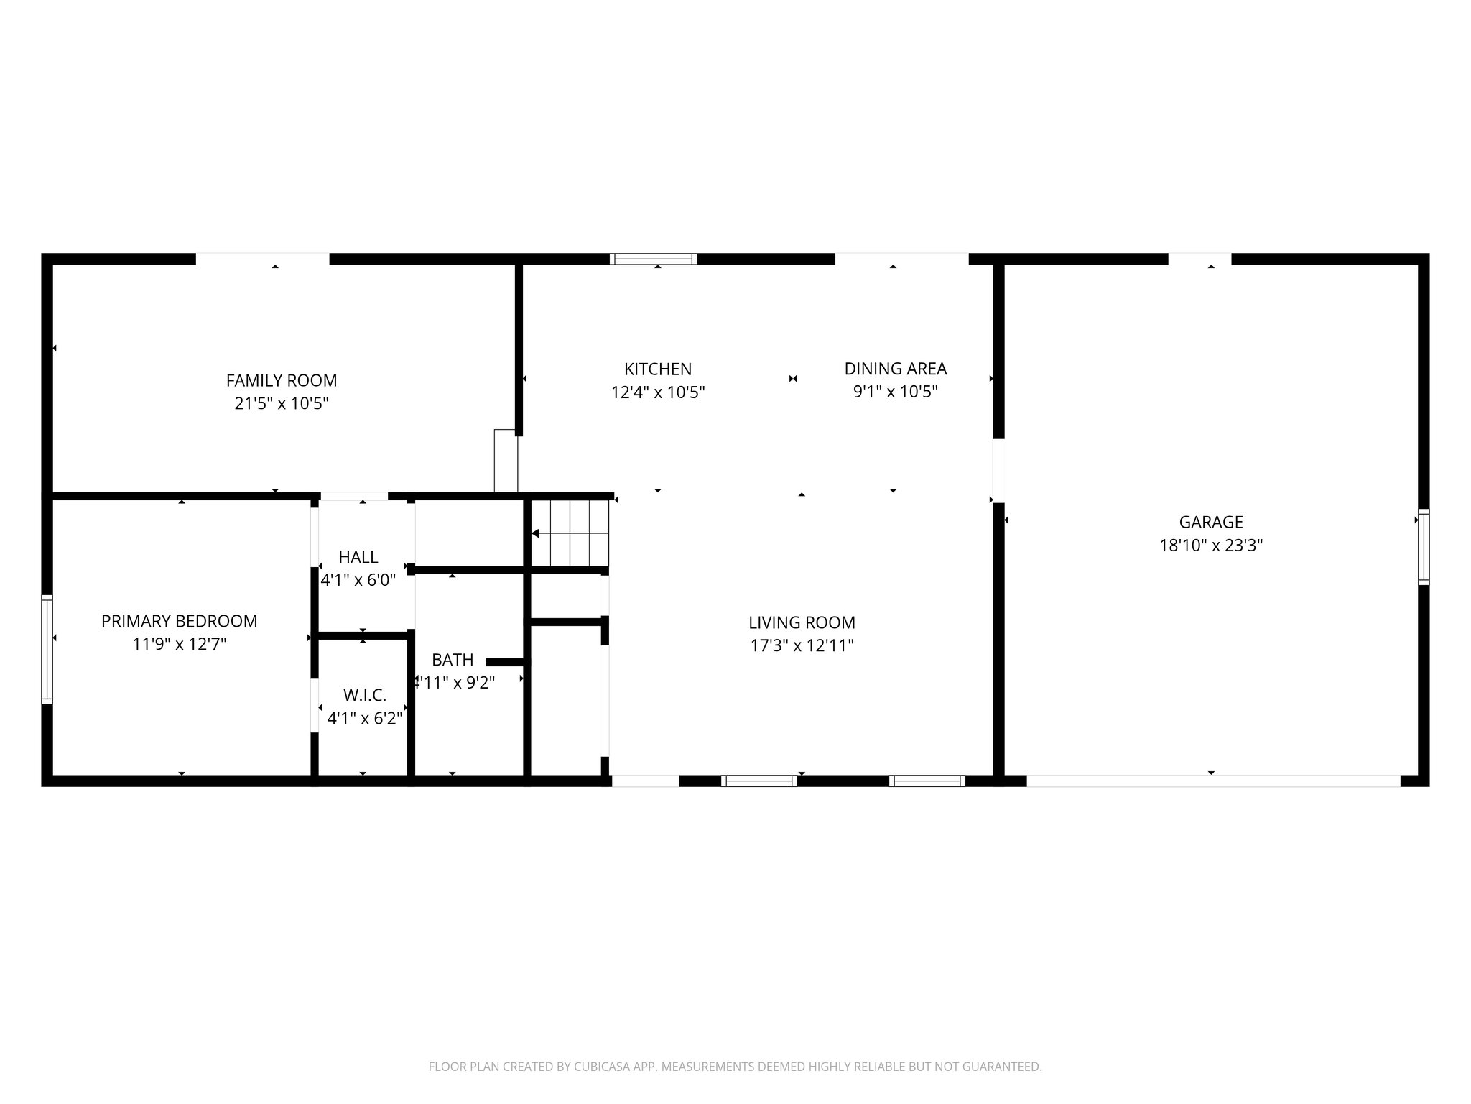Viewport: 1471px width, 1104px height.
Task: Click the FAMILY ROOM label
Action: coord(281,380)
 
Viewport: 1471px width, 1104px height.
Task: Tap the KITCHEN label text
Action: coord(658,369)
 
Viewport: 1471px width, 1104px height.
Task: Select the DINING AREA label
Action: coord(895,369)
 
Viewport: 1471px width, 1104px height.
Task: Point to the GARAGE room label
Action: coord(1211,522)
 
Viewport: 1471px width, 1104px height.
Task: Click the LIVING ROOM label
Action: coord(802,622)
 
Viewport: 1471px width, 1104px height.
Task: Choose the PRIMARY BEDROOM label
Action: coord(179,621)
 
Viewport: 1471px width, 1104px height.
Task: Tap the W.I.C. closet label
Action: coord(365,695)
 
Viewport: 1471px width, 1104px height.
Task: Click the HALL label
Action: coord(358,557)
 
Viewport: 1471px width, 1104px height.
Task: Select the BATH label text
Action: coord(453,659)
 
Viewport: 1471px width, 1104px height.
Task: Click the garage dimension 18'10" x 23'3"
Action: coord(1211,546)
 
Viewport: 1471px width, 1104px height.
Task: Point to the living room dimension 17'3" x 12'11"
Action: coord(802,645)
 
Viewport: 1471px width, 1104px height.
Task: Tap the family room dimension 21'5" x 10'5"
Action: coord(281,403)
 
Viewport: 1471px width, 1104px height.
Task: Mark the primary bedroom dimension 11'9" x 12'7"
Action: coord(179,644)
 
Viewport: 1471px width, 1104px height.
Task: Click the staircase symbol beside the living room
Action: coord(571,533)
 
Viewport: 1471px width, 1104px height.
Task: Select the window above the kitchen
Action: coord(653,259)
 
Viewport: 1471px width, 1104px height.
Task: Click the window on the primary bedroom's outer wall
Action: coord(47,649)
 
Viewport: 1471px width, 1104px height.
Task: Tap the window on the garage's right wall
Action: coord(1423,547)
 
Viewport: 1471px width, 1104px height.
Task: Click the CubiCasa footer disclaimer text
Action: coord(735,1067)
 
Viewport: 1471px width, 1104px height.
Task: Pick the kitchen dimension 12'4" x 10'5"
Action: coord(658,392)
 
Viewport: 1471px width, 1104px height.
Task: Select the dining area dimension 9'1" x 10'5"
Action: coord(895,392)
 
